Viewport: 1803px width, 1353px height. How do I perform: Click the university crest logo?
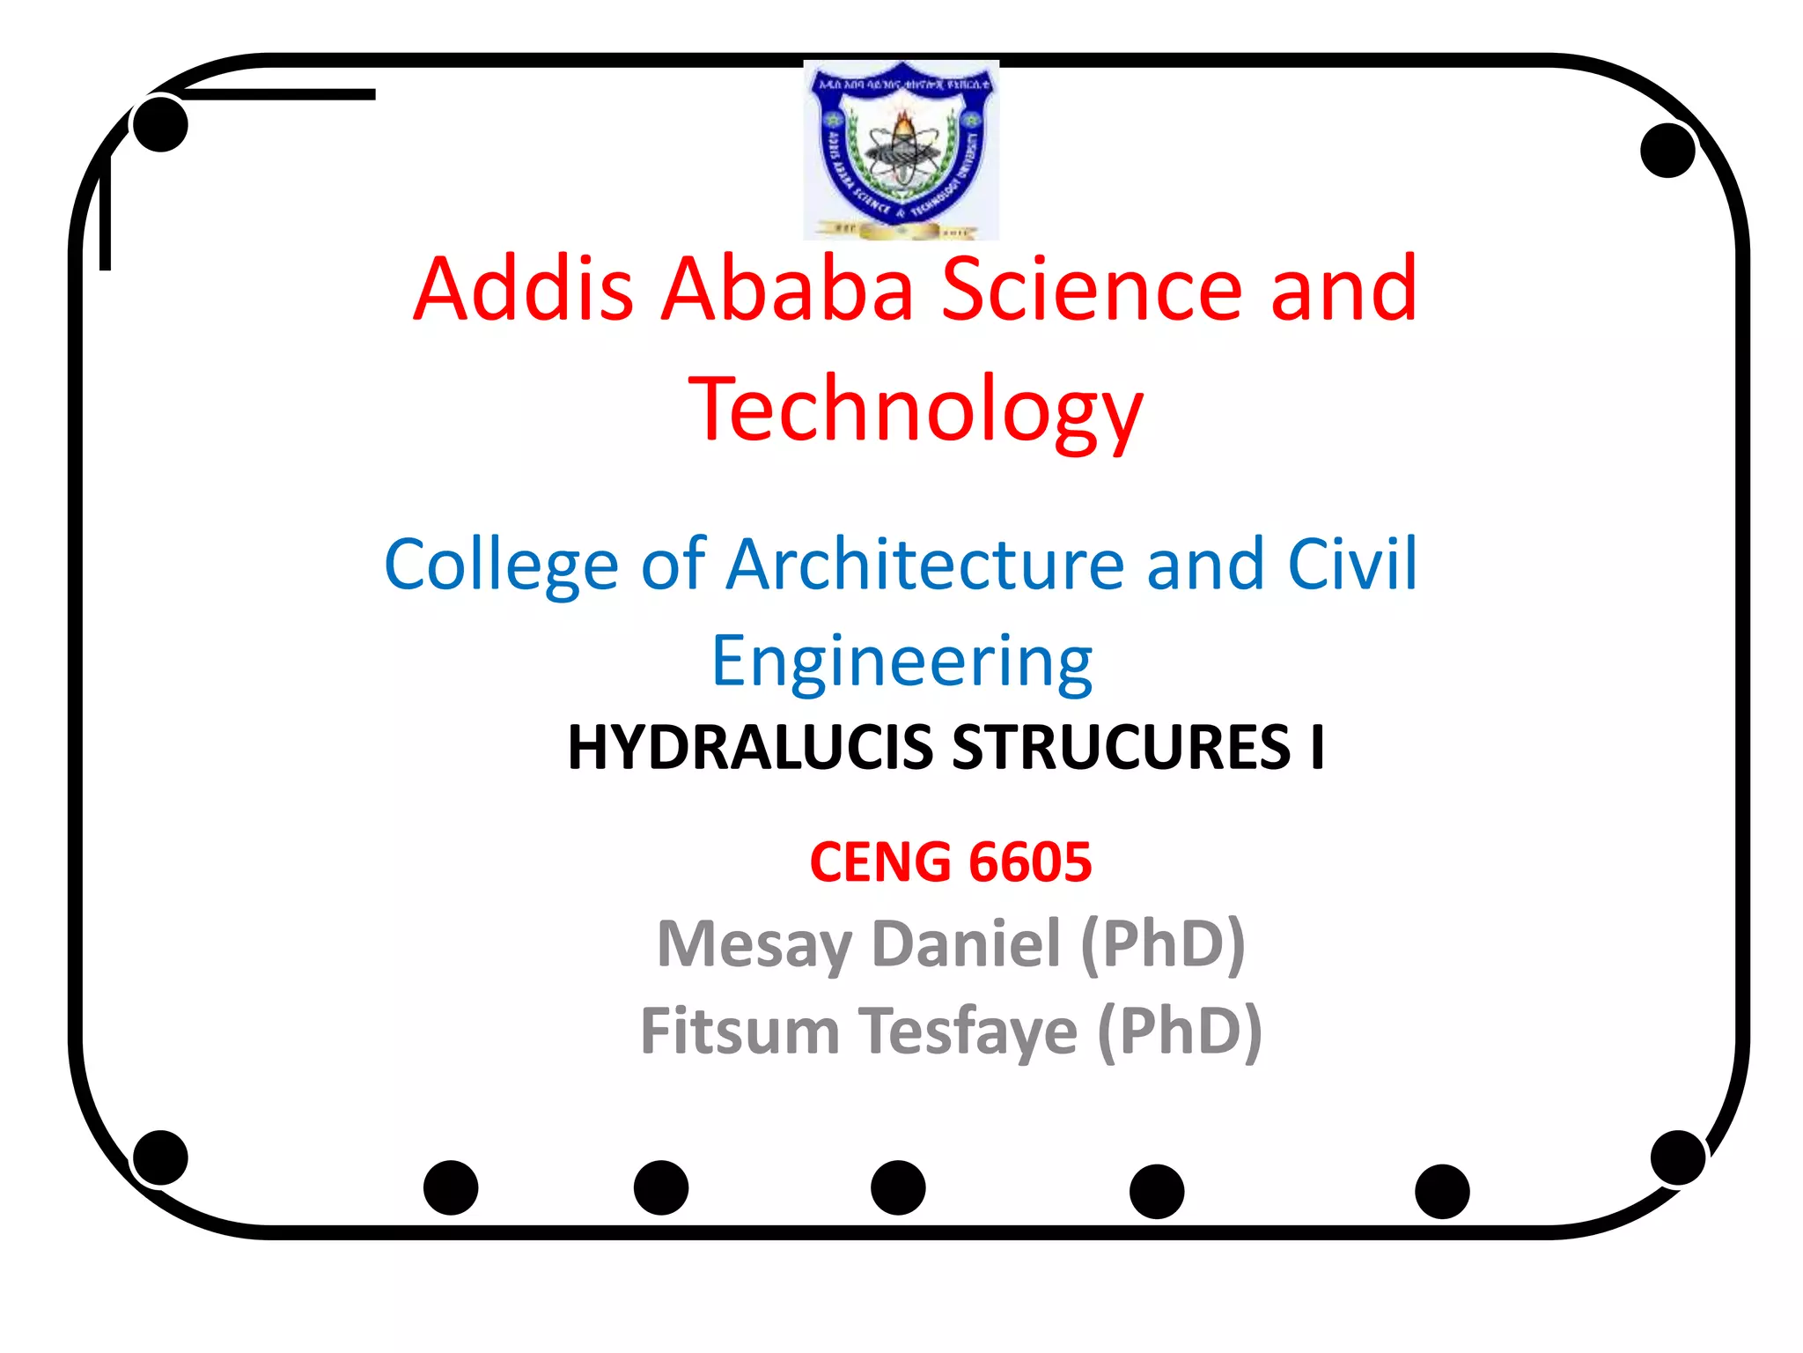(x=901, y=150)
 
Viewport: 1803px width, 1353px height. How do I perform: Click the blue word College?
(x=501, y=565)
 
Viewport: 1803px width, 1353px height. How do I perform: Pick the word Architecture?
(x=925, y=565)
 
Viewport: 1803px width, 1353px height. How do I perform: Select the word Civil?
(x=1352, y=565)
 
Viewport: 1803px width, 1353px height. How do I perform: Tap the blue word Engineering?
(x=901, y=662)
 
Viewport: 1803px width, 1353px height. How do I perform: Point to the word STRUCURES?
(x=1121, y=748)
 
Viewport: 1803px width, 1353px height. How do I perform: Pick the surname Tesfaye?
(x=968, y=1031)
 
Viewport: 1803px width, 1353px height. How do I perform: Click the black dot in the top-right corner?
(x=1667, y=151)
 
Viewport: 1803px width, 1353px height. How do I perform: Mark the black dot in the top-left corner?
(x=160, y=124)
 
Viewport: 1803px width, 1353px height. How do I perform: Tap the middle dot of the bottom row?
(x=898, y=1187)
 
